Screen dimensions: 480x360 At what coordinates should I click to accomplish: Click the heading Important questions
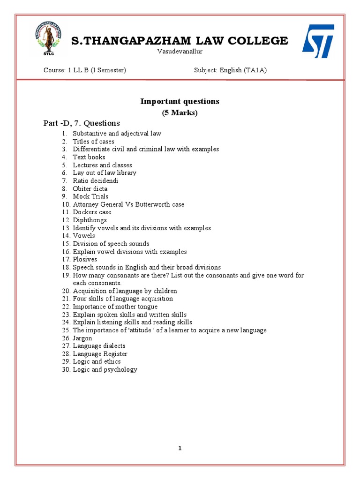click(180, 101)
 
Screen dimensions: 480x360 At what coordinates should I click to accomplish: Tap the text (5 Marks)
click(180, 112)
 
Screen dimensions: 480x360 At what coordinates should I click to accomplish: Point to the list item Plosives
click(85, 259)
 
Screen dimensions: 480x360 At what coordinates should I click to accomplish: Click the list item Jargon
click(82, 338)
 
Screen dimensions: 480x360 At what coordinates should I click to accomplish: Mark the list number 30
click(66, 369)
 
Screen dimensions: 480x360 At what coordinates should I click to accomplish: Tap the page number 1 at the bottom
click(180, 448)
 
